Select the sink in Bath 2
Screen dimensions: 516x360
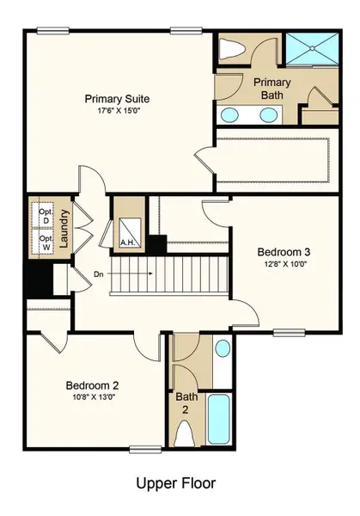[222, 349]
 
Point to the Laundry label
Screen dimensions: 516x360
[64, 227]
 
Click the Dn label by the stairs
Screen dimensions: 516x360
[100, 275]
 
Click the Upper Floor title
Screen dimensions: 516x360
[176, 483]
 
